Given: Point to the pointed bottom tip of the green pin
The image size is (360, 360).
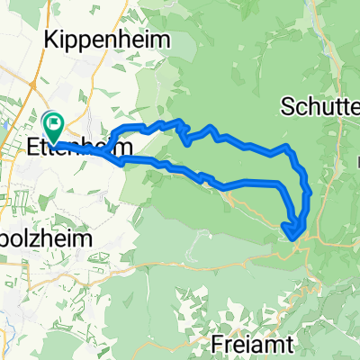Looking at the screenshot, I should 53,140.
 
